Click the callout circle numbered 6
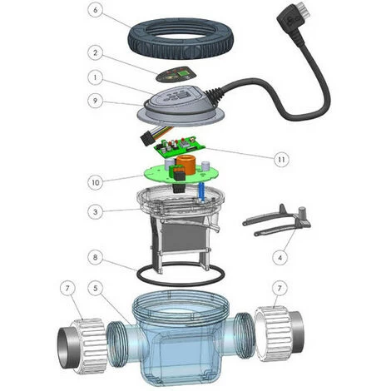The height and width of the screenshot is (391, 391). (x=96, y=10)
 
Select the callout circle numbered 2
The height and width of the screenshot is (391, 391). (x=96, y=52)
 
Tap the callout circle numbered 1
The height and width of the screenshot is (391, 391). (x=96, y=77)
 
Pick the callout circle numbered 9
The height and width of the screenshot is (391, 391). (x=96, y=101)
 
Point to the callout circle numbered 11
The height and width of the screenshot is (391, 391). (x=281, y=160)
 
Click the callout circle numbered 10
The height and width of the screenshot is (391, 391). (x=96, y=182)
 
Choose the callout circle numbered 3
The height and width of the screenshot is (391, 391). (x=96, y=212)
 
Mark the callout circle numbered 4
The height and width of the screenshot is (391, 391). (x=280, y=258)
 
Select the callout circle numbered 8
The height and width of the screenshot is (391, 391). (x=96, y=257)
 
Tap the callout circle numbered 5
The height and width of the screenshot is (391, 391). (x=96, y=289)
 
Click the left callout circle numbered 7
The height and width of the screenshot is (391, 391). (x=67, y=289)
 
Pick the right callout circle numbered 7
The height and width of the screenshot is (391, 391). (x=280, y=289)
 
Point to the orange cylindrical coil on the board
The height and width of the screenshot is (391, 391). (x=186, y=165)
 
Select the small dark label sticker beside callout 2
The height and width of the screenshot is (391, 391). (x=172, y=74)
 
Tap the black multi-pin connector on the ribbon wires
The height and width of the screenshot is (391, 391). (x=147, y=139)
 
